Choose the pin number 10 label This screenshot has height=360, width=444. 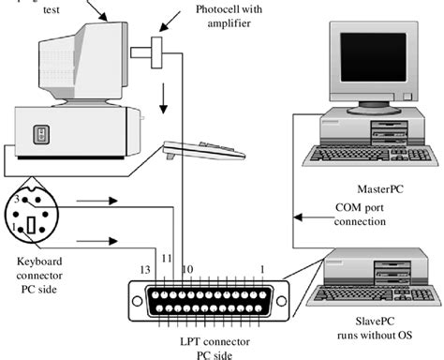coord(187,269)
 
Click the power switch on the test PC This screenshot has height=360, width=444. coord(41,135)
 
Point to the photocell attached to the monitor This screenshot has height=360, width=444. coord(154,49)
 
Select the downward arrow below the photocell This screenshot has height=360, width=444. coord(165,97)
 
